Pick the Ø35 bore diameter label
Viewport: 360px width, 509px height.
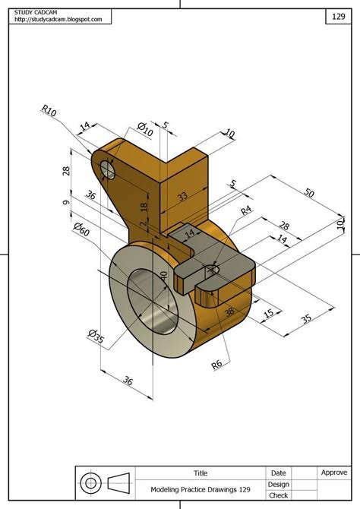(x=96, y=336)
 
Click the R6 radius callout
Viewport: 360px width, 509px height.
(x=217, y=364)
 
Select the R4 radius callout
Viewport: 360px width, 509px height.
(x=246, y=211)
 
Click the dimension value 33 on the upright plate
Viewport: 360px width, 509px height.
(x=183, y=196)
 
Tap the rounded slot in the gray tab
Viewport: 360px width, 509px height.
(x=212, y=269)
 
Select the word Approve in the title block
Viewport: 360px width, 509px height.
(x=333, y=473)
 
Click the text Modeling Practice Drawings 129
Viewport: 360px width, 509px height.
(x=200, y=490)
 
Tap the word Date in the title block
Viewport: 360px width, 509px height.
(x=278, y=473)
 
